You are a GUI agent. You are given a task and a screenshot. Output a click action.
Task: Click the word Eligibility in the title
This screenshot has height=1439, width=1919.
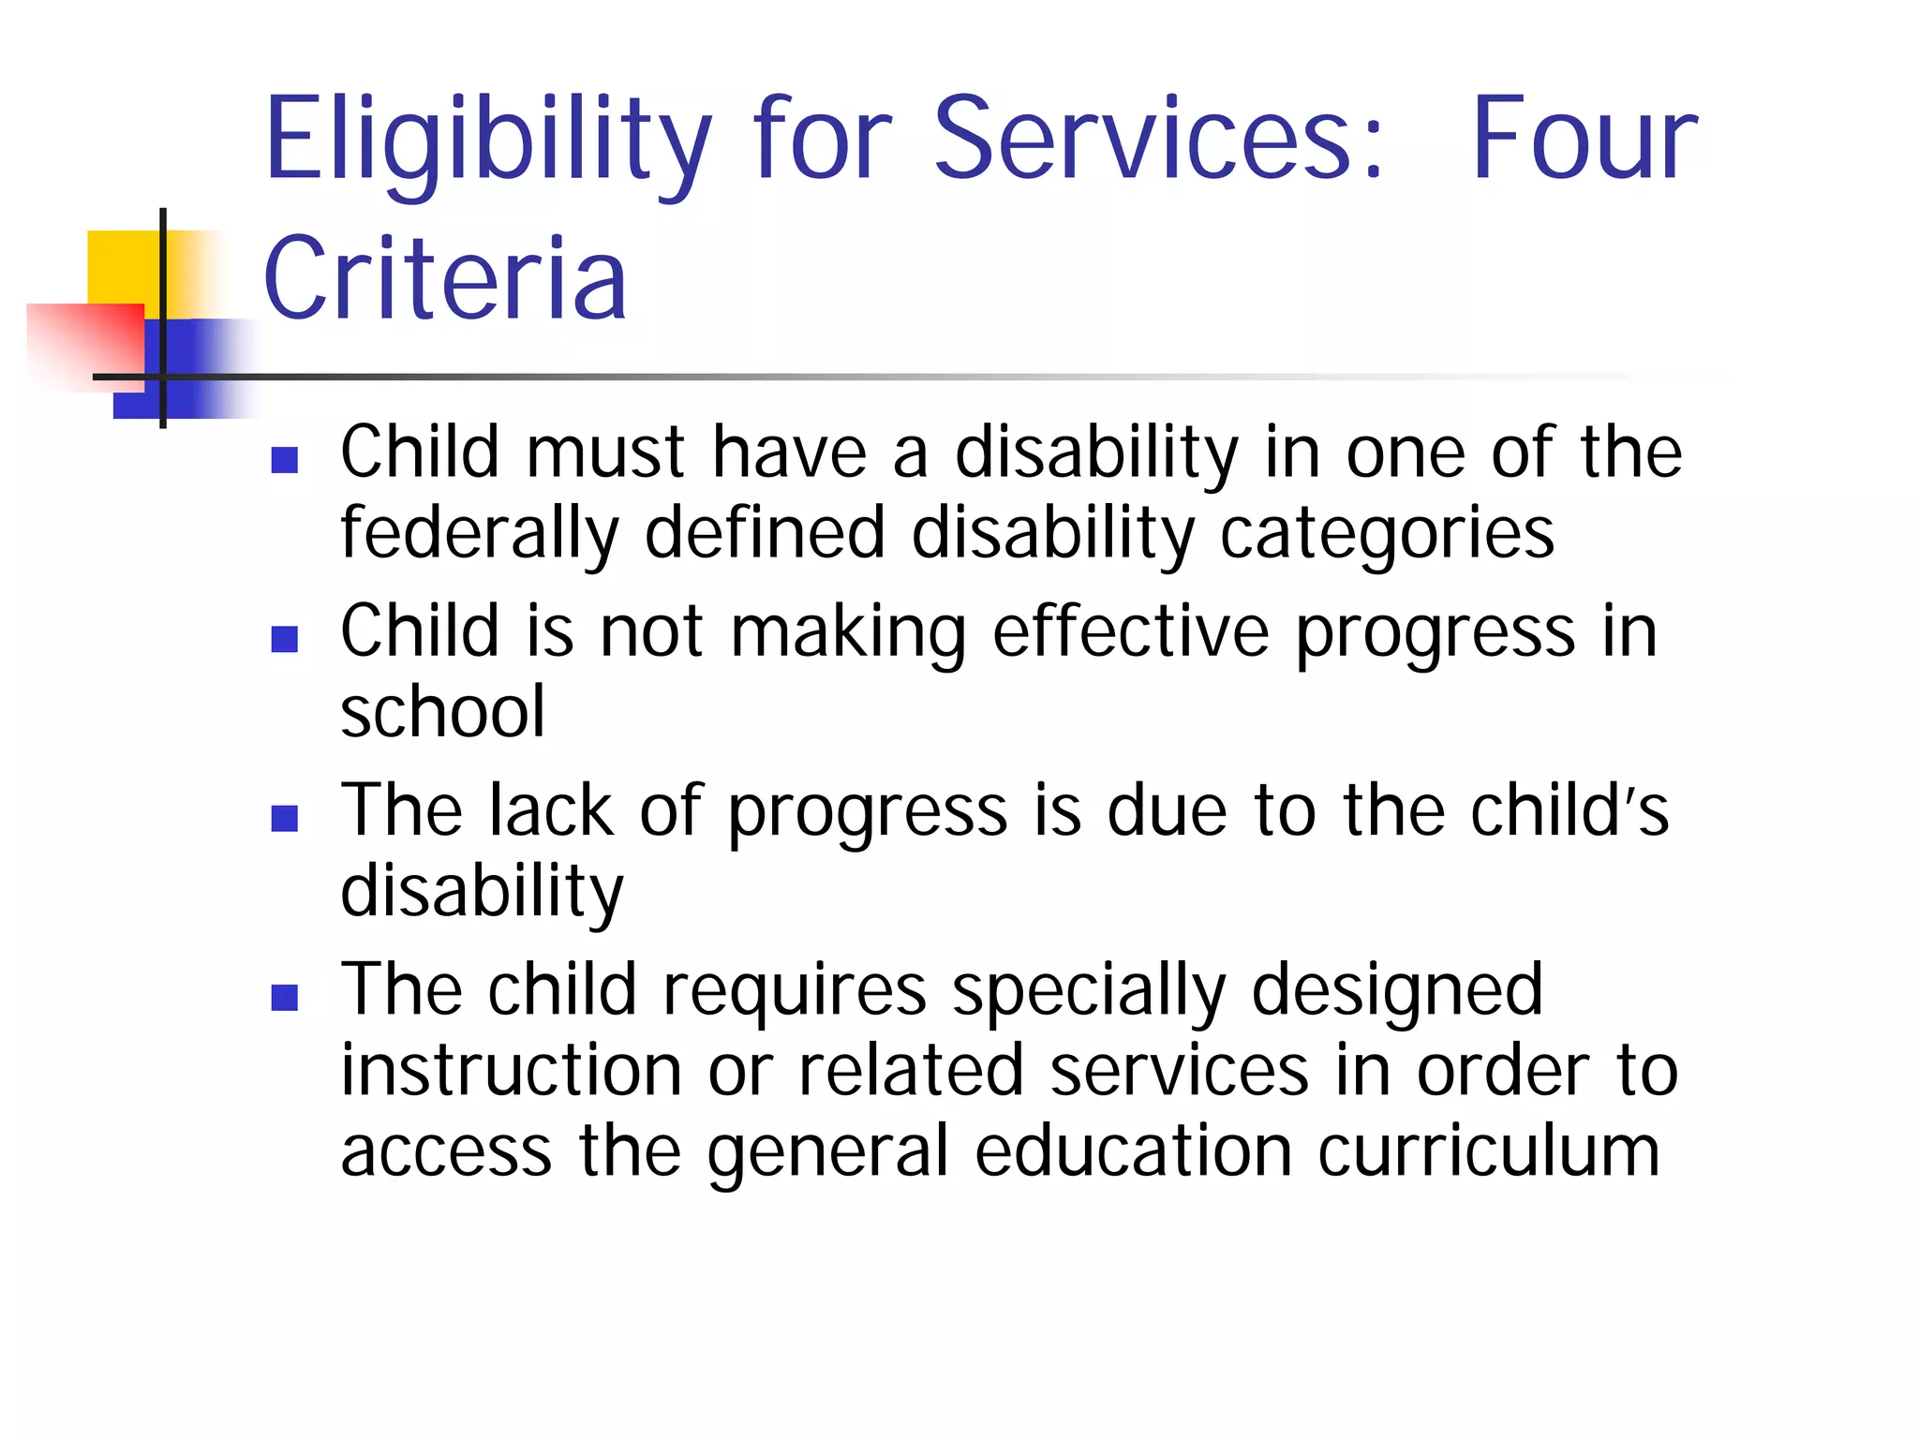[x=487, y=141]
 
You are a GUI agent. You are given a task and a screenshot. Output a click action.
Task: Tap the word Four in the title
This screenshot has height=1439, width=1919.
[x=1584, y=141]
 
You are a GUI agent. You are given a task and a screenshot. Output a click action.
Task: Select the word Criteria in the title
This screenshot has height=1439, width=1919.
[x=445, y=278]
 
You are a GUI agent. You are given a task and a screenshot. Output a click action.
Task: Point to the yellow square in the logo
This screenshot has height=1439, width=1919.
[x=122, y=267]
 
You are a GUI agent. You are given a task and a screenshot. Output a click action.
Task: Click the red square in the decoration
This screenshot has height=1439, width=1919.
[x=84, y=342]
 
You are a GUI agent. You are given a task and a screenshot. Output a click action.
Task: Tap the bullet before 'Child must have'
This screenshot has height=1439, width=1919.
[x=284, y=459]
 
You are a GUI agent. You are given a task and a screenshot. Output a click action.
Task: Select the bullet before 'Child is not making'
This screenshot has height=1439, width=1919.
[x=284, y=639]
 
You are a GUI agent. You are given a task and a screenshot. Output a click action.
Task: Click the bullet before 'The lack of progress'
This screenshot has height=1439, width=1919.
[x=284, y=818]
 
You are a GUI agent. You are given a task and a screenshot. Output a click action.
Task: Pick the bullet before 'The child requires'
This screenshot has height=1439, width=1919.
[x=284, y=997]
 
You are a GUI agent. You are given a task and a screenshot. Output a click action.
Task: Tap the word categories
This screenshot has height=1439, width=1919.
[x=1387, y=534]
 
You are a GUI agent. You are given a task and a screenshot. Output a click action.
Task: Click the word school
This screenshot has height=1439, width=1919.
[x=442, y=712]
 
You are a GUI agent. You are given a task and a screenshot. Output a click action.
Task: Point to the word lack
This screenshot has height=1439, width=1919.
[x=551, y=810]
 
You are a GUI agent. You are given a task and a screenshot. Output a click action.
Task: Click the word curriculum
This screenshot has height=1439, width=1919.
[x=1489, y=1151]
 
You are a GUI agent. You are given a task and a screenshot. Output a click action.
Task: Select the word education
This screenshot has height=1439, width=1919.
[x=1134, y=1151]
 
